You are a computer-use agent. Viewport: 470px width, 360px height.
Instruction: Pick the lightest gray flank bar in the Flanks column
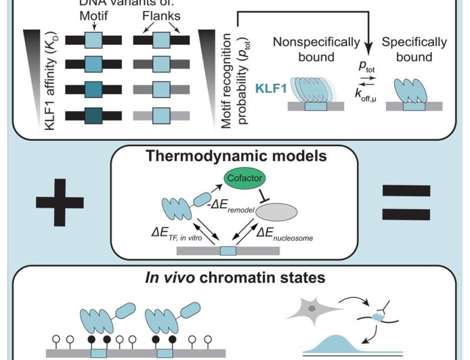pos(161,114)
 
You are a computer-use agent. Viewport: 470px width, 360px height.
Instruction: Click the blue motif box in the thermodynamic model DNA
pos(228,251)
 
